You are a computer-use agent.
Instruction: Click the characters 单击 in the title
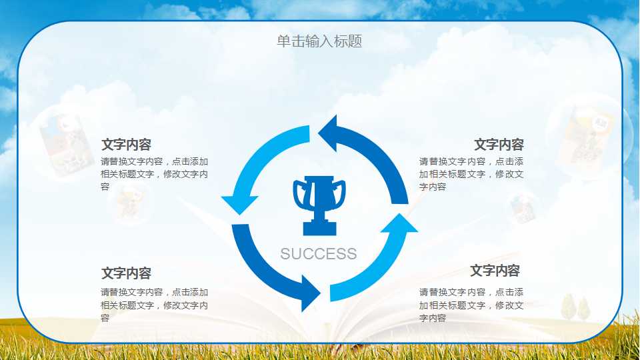291,41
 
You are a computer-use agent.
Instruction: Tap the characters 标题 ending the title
348,41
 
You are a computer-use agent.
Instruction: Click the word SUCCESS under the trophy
319,254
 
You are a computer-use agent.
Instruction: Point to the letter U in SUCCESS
297,254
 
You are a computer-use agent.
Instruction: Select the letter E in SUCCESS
330,254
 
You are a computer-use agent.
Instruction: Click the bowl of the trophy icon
319,192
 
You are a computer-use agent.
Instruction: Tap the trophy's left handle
299,194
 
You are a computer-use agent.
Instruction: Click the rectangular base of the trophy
319,228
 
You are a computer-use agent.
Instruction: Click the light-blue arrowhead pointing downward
239,204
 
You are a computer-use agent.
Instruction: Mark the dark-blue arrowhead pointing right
311,293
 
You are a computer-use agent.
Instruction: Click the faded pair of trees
575,306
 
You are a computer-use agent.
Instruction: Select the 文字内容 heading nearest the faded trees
495,271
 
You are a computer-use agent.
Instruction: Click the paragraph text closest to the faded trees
471,305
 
